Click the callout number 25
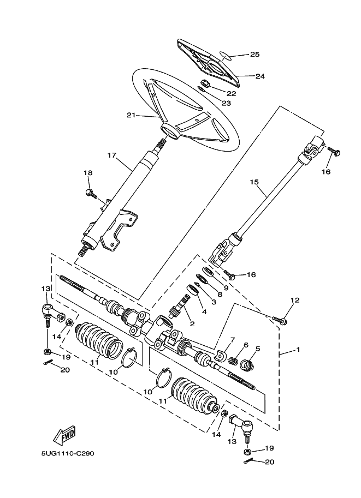click(255, 55)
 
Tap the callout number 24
click(260, 77)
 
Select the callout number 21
click(130, 115)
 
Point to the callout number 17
click(112, 155)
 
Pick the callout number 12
click(295, 301)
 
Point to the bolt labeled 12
click(280, 319)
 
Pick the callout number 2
click(192, 323)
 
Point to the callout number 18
click(88, 173)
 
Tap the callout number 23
click(211, 103)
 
